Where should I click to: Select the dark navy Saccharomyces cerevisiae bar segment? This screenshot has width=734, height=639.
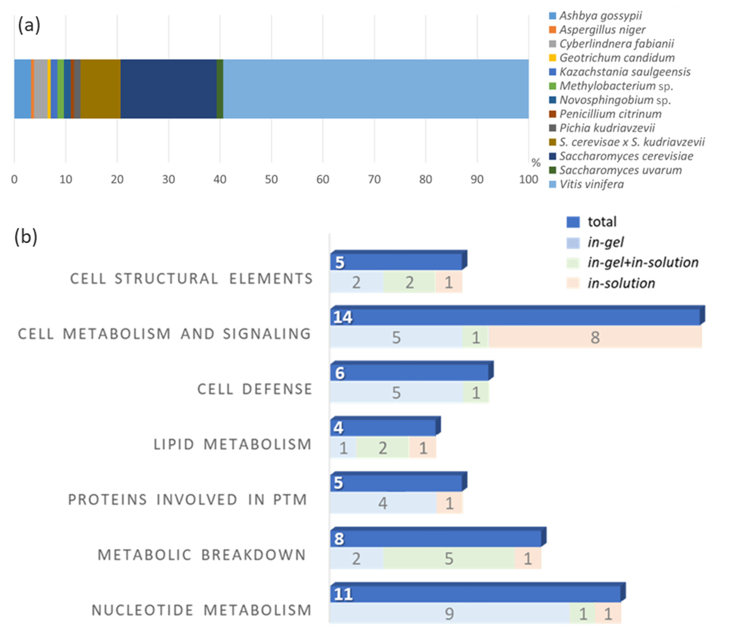[x=168, y=89]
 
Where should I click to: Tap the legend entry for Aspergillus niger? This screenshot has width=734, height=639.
[x=602, y=30]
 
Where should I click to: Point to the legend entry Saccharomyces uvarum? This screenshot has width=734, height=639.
[x=620, y=170]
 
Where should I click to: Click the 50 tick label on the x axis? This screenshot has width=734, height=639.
[x=271, y=179]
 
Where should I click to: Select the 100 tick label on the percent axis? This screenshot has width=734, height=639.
[x=528, y=179]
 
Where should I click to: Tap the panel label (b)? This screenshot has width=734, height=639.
[x=26, y=237]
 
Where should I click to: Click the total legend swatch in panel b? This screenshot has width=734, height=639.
[x=573, y=222]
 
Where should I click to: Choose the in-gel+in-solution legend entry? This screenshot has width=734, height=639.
[x=642, y=262]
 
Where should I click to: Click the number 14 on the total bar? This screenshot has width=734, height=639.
[x=343, y=317]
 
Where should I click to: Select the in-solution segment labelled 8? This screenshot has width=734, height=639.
[x=595, y=337]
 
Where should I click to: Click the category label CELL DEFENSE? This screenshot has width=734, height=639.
[x=254, y=389]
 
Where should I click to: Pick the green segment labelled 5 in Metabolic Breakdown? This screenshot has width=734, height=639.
[x=449, y=558]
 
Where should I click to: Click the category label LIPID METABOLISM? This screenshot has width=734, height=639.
[x=233, y=444]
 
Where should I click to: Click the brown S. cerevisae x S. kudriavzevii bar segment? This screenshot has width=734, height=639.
[x=100, y=89]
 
